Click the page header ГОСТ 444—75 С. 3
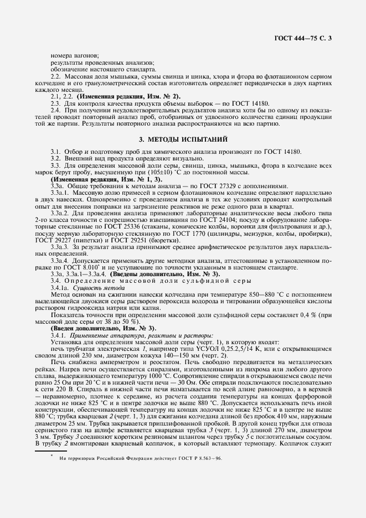(306, 38)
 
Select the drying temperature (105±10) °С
(157, 172)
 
